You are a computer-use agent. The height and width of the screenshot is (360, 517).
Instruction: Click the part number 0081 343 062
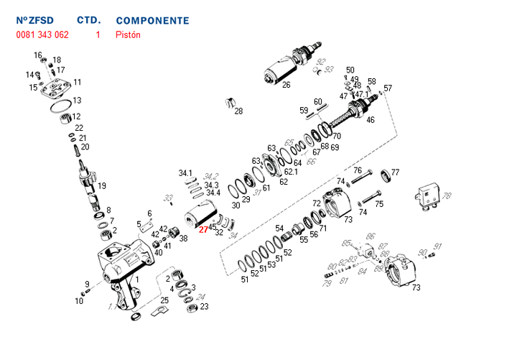point(42,34)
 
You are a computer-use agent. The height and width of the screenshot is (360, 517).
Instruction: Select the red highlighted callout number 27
point(203,230)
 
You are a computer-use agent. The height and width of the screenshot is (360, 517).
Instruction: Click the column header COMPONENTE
point(152,21)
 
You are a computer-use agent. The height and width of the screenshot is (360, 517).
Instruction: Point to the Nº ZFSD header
point(35,21)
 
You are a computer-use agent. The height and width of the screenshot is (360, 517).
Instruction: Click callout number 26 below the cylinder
point(286,85)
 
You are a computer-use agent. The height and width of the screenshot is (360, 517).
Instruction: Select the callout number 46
point(370,120)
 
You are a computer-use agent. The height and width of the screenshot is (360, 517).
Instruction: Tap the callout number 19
point(102,186)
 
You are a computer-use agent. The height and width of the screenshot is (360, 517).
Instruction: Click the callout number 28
point(238,111)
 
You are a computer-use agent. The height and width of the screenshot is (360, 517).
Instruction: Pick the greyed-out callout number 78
point(447,195)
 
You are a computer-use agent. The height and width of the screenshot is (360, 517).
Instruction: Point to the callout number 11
point(77,83)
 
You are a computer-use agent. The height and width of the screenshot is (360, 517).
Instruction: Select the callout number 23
point(204,307)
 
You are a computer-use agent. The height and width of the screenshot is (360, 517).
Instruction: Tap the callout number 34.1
point(186,173)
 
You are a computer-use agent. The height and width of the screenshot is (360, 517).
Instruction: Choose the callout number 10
point(79,301)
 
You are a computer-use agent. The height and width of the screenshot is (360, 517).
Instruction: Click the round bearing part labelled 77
point(385,173)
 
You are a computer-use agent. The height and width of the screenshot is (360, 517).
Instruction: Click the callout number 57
point(388,88)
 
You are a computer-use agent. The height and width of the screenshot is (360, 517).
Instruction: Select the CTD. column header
point(88,21)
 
